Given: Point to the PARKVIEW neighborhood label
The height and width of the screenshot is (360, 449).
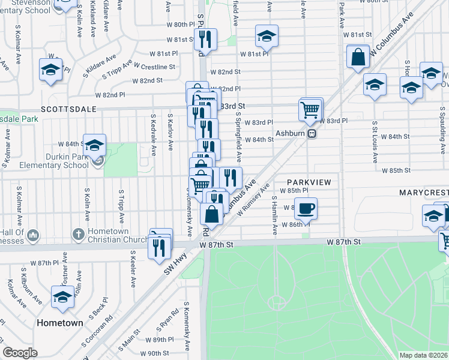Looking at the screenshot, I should point(309,181).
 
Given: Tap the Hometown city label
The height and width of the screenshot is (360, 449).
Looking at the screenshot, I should point(60,322).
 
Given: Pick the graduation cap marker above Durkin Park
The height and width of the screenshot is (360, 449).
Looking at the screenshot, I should point(94,145).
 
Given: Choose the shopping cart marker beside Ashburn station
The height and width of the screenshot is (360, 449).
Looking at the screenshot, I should point(310,110).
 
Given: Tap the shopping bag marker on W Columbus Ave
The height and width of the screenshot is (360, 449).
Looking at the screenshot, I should point(358,58).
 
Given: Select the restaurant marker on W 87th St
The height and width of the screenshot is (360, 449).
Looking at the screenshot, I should point(159,247).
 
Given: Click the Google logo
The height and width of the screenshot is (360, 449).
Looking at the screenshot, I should point(20,352).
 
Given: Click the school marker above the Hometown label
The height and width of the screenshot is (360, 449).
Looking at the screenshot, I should point(63,297).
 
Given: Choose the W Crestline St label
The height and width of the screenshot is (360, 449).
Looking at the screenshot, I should point(155,67).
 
